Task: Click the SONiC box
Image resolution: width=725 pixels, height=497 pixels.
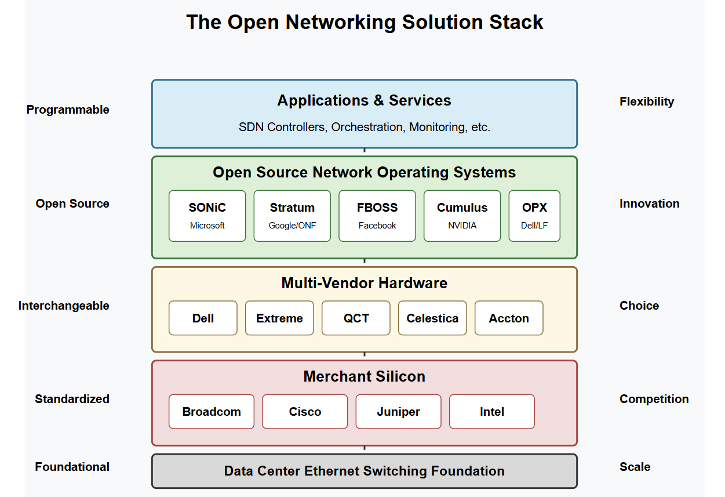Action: pyautogui.click(x=207, y=216)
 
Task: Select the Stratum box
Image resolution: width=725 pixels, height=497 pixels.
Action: pyautogui.click(x=292, y=216)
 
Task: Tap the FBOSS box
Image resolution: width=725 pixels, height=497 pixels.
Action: pyautogui.click(x=377, y=216)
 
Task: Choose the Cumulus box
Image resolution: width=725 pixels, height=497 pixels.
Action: pyautogui.click(x=462, y=216)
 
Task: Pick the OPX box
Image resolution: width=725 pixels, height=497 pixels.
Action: pyautogui.click(x=534, y=216)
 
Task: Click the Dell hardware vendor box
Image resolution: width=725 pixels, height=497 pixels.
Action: pyautogui.click(x=203, y=318)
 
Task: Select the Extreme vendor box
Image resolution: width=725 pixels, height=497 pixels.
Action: pyautogui.click(x=280, y=318)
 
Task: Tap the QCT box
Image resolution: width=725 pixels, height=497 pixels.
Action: pyautogui.click(x=356, y=318)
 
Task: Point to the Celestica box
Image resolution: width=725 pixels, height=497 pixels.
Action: pyautogui.click(x=432, y=318)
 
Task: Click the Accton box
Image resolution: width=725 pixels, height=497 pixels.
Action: pyautogui.click(x=509, y=318)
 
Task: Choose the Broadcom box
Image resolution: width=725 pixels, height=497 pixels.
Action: pyautogui.click(x=212, y=412)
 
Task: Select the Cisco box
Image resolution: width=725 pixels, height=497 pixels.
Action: pyautogui.click(x=305, y=412)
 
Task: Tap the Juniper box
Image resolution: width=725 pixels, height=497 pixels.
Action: pyautogui.click(x=398, y=412)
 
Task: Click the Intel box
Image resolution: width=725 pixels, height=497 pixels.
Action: pyautogui.click(x=492, y=412)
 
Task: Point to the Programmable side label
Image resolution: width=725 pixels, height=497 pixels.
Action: pyautogui.click(x=68, y=110)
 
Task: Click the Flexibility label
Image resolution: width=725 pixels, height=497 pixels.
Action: pyautogui.click(x=647, y=101)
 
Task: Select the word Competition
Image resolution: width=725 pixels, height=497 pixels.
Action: pyautogui.click(x=654, y=399)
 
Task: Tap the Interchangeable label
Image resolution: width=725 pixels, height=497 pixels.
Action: pyautogui.click(x=64, y=306)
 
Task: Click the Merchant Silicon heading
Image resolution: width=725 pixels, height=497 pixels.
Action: pyautogui.click(x=365, y=376)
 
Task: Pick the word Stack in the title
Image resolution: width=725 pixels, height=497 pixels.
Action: pyautogui.click(x=516, y=22)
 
